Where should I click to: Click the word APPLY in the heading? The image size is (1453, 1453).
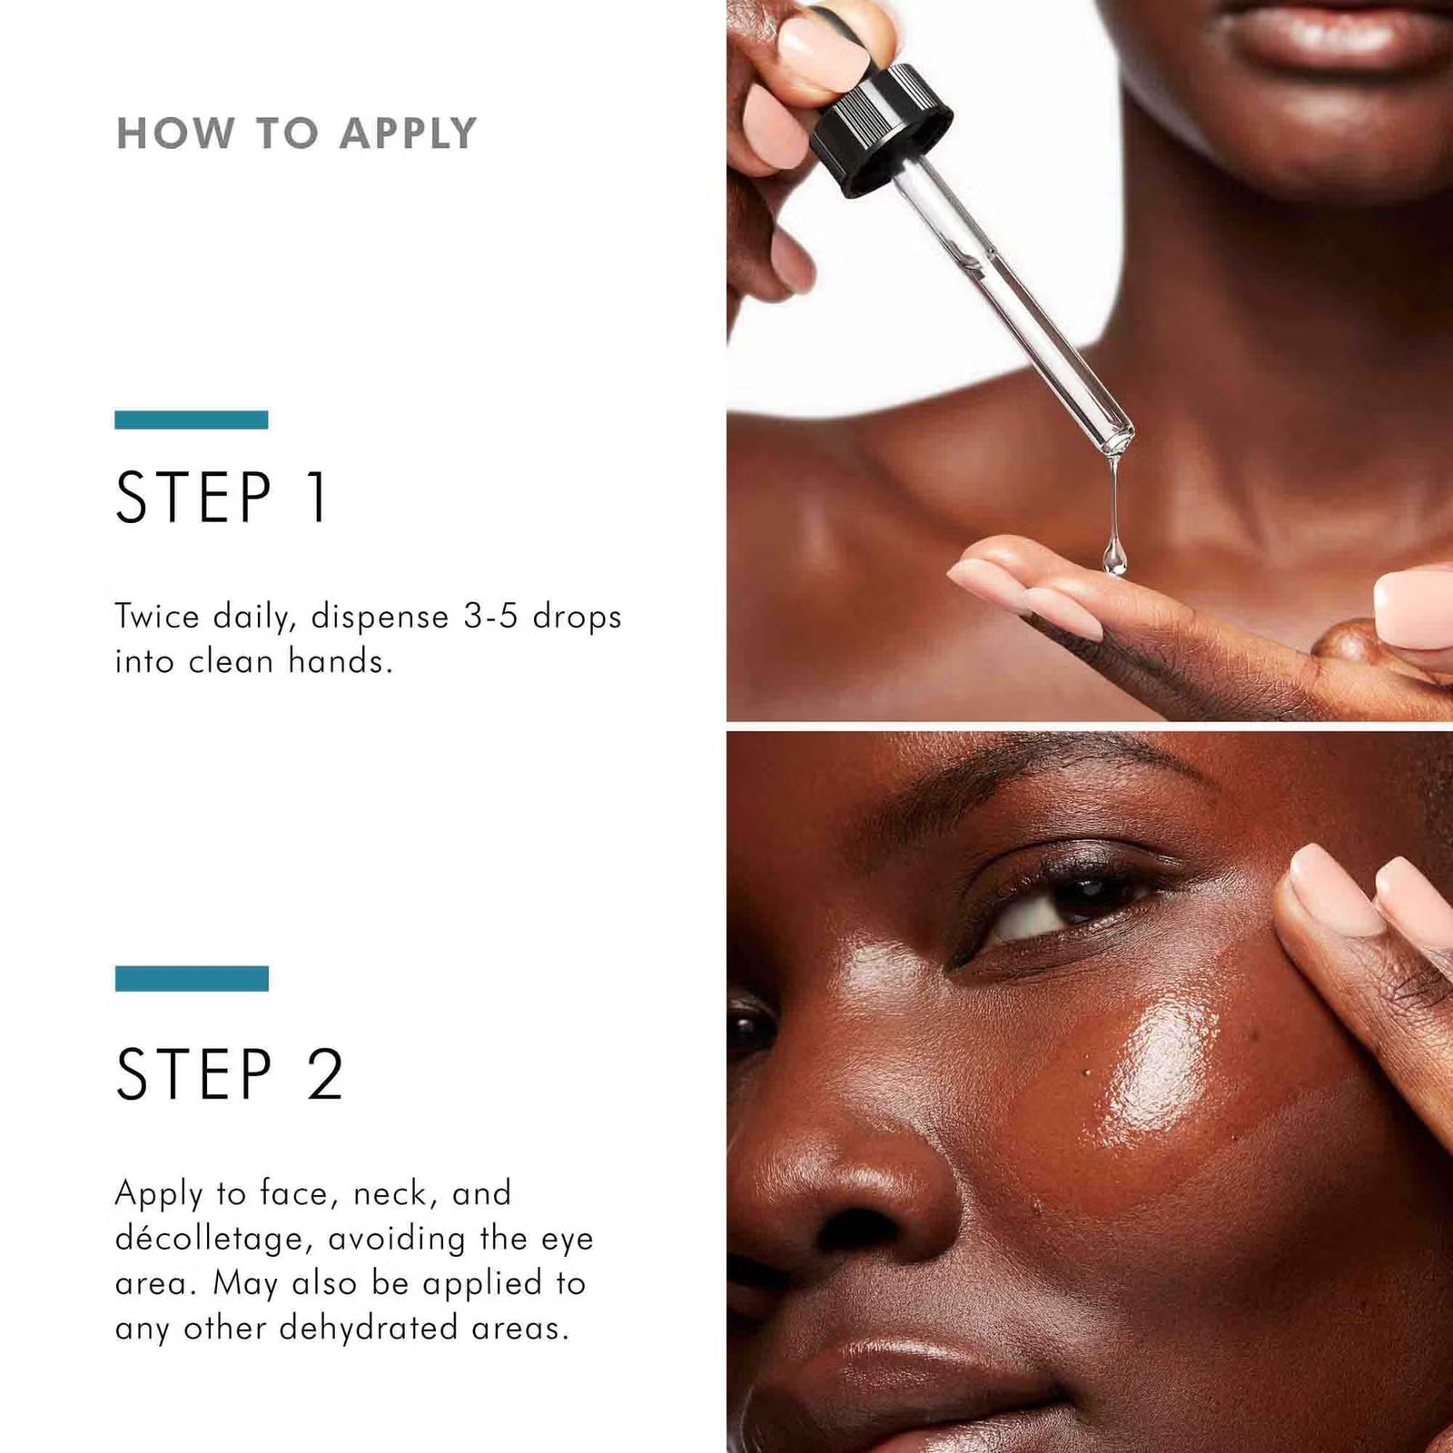pyautogui.click(x=409, y=133)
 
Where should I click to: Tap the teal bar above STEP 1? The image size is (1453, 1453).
pyautogui.click(x=192, y=420)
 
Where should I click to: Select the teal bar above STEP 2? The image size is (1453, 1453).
pyautogui.click(x=192, y=978)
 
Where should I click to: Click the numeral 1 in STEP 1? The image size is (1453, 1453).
pyautogui.click(x=317, y=498)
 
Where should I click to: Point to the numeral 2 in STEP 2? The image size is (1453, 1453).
pyautogui.click(x=325, y=1074)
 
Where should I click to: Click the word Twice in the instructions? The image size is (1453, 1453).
pyautogui.click(x=157, y=617)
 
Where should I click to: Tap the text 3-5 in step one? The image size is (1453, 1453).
pyautogui.click(x=490, y=617)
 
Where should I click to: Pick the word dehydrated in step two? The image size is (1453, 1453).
pyautogui.click(x=368, y=1328)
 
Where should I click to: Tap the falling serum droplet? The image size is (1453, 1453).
pyautogui.click(x=1114, y=556)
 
